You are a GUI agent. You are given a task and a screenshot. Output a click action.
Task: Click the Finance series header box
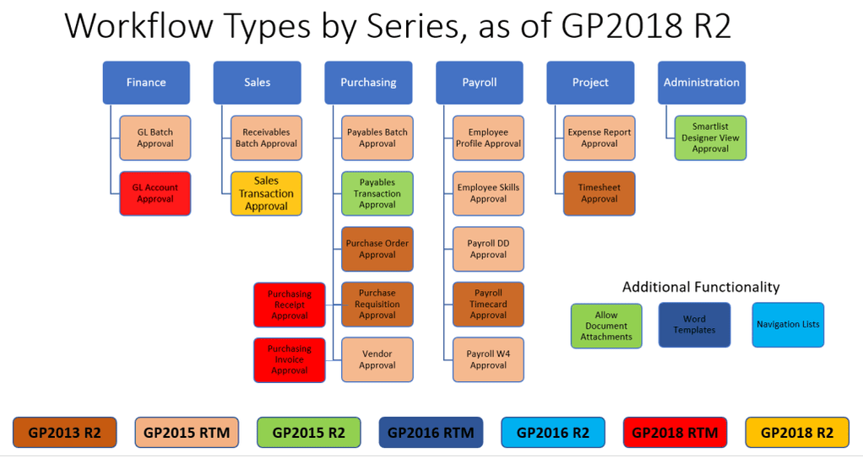146,83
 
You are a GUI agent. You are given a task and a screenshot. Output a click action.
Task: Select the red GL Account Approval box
155,193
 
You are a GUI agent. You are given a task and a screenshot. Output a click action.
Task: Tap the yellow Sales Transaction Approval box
266,193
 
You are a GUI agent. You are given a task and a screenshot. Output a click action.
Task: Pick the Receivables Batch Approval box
266,137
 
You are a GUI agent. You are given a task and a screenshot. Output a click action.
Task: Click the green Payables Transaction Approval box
377,193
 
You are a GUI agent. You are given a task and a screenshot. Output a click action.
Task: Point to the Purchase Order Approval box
377,249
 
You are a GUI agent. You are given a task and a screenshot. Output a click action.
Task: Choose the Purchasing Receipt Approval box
290,304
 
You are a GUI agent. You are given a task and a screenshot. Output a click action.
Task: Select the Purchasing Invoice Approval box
290,360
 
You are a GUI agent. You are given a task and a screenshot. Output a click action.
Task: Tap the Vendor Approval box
377,360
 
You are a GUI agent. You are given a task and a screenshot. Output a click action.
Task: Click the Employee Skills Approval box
488,193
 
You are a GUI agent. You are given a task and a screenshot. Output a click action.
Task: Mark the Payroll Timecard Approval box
488,304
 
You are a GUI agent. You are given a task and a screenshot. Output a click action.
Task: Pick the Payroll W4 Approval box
488,360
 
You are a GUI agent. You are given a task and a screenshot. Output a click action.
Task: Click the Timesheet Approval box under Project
599,193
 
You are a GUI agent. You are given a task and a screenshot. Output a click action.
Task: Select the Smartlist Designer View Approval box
710,137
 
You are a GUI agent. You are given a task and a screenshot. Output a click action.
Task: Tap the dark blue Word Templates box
694,325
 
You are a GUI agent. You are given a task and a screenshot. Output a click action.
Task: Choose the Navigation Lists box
788,325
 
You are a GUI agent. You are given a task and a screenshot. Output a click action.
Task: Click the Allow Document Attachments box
606,326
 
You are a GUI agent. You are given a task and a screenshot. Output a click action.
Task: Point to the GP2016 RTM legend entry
431,433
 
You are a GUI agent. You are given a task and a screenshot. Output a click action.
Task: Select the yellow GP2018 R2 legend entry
797,433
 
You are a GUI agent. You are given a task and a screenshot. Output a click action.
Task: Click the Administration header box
701,83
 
